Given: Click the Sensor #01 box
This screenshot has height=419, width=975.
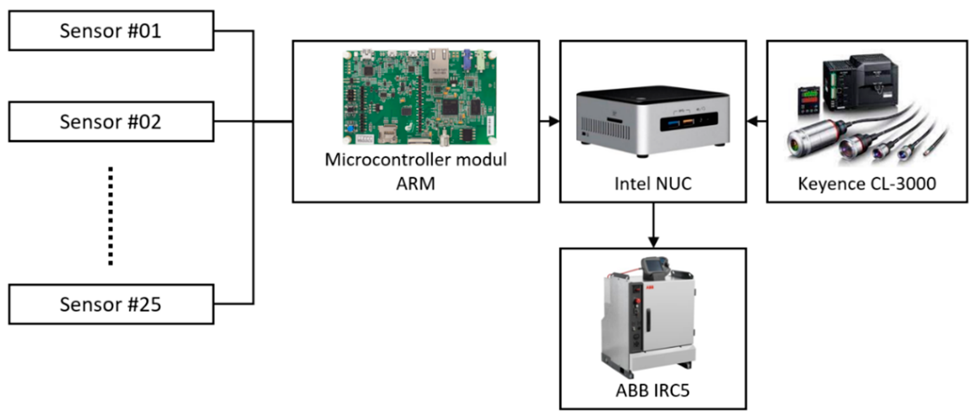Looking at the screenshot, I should click(111, 31).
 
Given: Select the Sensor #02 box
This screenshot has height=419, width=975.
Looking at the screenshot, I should click(111, 121).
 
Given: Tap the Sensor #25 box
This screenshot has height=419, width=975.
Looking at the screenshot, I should click(111, 304).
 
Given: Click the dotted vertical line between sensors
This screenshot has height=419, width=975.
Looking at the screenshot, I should click(111, 216).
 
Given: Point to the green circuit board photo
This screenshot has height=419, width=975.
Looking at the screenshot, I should click(419, 97).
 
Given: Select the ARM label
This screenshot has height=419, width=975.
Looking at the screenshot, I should click(415, 184).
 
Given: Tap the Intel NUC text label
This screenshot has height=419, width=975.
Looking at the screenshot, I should click(653, 184).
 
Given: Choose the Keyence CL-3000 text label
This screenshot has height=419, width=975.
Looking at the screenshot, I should click(867, 184).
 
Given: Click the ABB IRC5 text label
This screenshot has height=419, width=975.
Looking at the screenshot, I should click(653, 390).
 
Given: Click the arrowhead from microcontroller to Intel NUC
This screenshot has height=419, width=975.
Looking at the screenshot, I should click(554, 121).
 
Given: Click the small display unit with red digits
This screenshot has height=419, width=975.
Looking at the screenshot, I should click(809, 100).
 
